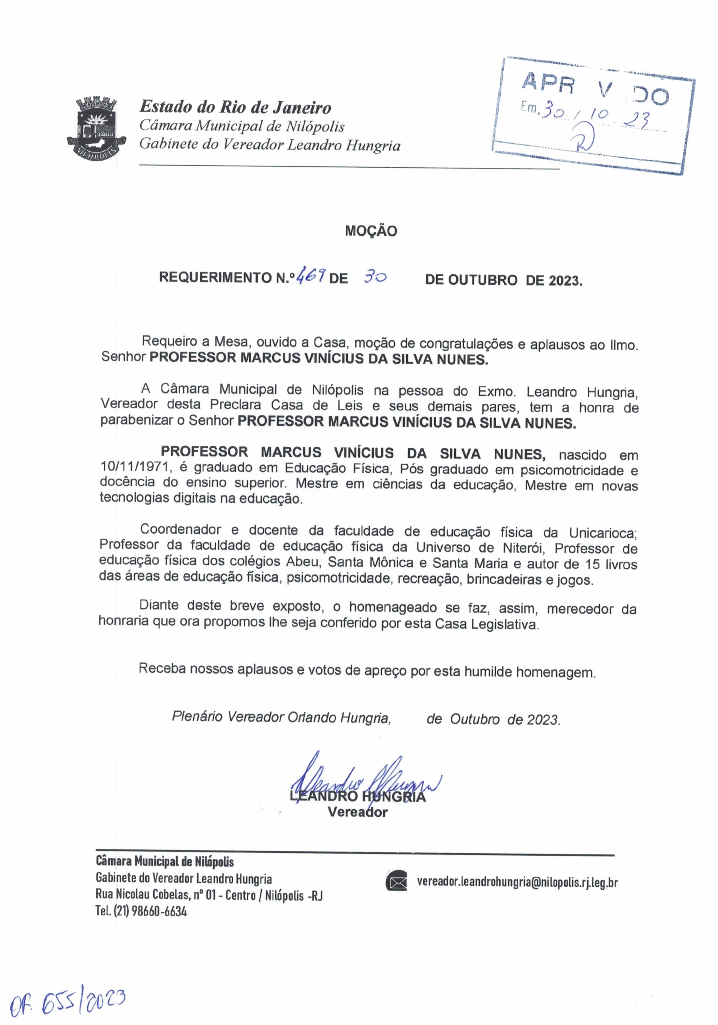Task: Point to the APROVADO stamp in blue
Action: point(595,115)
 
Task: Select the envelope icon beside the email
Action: point(396,882)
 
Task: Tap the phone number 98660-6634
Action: point(158,911)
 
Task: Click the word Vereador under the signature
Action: point(357,812)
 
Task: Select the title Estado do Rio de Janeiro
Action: point(235,107)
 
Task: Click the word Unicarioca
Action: point(602,533)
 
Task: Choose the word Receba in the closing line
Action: point(162,669)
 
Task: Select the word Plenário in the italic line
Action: point(198,717)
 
